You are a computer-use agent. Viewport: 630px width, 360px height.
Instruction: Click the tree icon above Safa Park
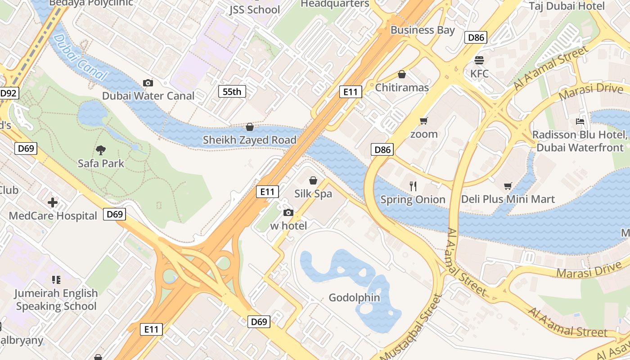pos(101,150)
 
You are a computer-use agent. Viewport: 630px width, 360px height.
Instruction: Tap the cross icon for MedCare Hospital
pos(53,202)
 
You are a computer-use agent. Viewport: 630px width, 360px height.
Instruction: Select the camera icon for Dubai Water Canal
pos(148,83)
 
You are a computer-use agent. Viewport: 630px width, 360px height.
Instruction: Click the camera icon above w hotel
pos(288,212)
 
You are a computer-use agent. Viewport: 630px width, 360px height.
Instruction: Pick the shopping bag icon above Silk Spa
pos(313,180)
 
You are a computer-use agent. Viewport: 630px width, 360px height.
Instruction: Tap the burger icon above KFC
pos(479,60)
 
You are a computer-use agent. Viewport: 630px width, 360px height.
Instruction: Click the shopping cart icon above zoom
pos(423,121)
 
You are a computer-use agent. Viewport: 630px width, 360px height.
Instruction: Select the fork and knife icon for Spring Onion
pos(413,186)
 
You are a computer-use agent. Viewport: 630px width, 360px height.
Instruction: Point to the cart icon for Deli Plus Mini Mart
pos(508,186)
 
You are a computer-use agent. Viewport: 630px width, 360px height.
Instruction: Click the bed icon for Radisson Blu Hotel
pos(580,121)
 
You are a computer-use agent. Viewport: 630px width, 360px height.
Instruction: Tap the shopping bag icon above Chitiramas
pos(402,74)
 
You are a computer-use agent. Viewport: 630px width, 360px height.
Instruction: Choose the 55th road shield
pos(232,92)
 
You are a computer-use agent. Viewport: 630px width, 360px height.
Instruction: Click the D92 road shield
pos(8,94)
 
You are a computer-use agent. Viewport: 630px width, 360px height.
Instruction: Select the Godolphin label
pos(354,297)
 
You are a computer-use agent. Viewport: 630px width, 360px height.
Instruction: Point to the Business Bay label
pos(423,30)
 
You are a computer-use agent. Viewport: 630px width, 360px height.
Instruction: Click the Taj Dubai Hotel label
pos(567,6)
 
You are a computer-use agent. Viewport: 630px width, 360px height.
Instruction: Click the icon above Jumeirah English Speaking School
pos(56,280)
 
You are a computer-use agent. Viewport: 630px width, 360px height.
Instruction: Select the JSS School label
pos(254,9)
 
